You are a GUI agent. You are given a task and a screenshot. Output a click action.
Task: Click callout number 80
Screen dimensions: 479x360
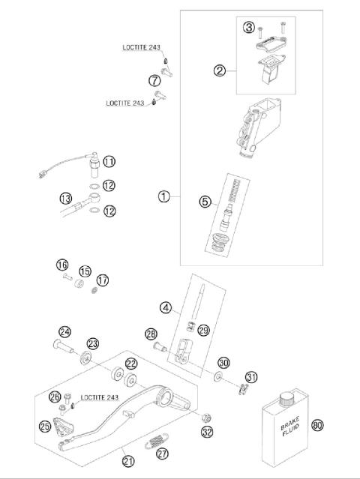pyautogui.click(x=316, y=424)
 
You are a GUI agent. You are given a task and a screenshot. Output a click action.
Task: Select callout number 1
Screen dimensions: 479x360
pyautogui.click(x=164, y=196)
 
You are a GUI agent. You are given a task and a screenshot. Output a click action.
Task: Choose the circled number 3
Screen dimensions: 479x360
pyautogui.click(x=248, y=28)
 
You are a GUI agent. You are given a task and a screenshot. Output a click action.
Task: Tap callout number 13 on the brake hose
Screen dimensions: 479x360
pyautogui.click(x=65, y=198)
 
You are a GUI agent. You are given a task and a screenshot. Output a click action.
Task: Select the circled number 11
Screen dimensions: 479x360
pyautogui.click(x=109, y=161)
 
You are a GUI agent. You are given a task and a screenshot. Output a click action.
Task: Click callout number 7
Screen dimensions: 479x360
pyautogui.click(x=154, y=80)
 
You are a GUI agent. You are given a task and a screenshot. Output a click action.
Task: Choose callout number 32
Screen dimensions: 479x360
pyautogui.click(x=207, y=431)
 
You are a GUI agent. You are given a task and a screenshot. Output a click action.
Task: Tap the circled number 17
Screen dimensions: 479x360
pyautogui.click(x=103, y=280)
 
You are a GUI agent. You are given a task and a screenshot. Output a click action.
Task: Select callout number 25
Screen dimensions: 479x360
pyautogui.click(x=45, y=427)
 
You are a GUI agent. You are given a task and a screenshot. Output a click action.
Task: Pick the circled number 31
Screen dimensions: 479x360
pyautogui.click(x=252, y=377)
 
